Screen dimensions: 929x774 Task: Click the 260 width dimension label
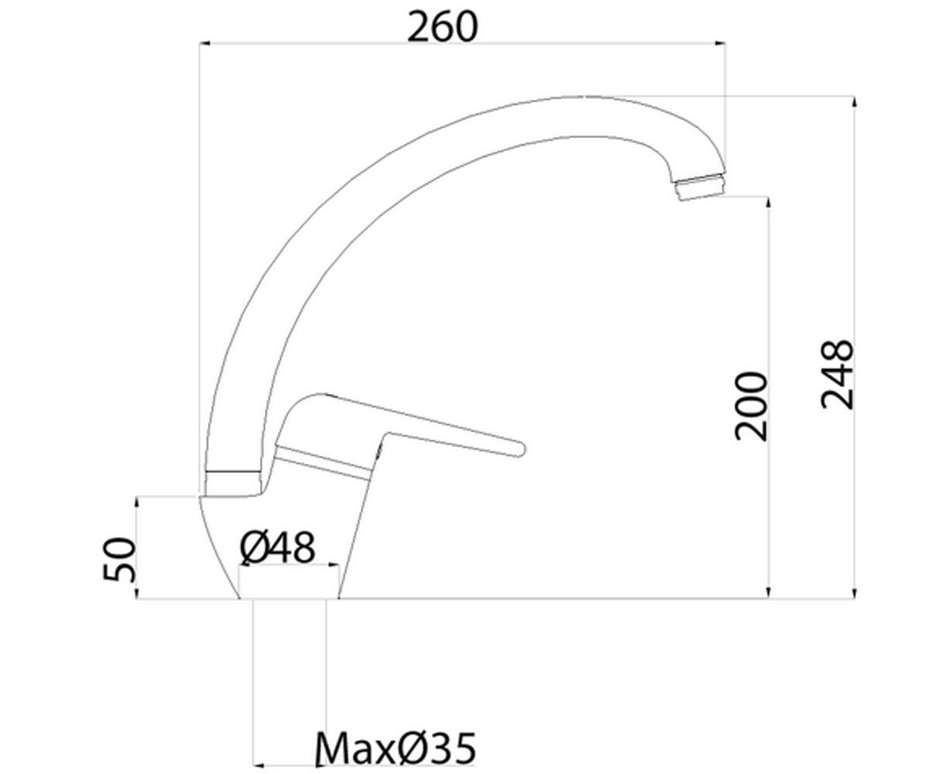click(x=442, y=28)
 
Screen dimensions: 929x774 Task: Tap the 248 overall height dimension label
click(x=838, y=375)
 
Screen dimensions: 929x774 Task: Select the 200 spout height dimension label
click(x=752, y=406)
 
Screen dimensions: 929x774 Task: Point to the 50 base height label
click(x=118, y=559)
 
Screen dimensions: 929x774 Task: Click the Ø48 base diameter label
click(x=278, y=547)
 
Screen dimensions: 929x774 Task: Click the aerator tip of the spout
click(x=701, y=188)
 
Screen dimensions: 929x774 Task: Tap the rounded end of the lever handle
click(x=519, y=449)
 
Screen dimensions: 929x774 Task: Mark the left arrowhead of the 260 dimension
click(x=204, y=43)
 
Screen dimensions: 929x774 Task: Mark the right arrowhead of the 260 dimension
click(x=720, y=43)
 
